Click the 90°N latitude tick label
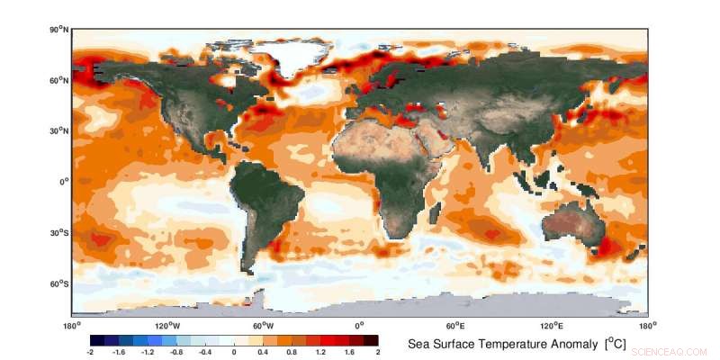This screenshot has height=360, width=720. [59, 30]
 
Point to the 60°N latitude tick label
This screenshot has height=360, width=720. [59, 80]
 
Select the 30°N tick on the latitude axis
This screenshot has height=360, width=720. [59, 130]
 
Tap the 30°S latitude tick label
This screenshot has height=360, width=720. [59, 233]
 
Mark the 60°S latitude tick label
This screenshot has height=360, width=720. [59, 283]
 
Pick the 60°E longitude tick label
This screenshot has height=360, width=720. [455, 325]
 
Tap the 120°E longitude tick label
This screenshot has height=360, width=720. [552, 325]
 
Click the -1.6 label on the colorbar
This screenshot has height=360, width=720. [118, 354]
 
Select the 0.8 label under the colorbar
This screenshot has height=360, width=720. [292, 354]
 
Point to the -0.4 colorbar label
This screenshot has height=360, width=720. [204, 354]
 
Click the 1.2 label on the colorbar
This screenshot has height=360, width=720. [320, 354]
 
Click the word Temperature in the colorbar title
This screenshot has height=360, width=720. [546, 345]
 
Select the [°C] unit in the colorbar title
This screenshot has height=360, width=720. [616, 345]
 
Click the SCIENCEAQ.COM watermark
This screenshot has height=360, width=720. [670, 352]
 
